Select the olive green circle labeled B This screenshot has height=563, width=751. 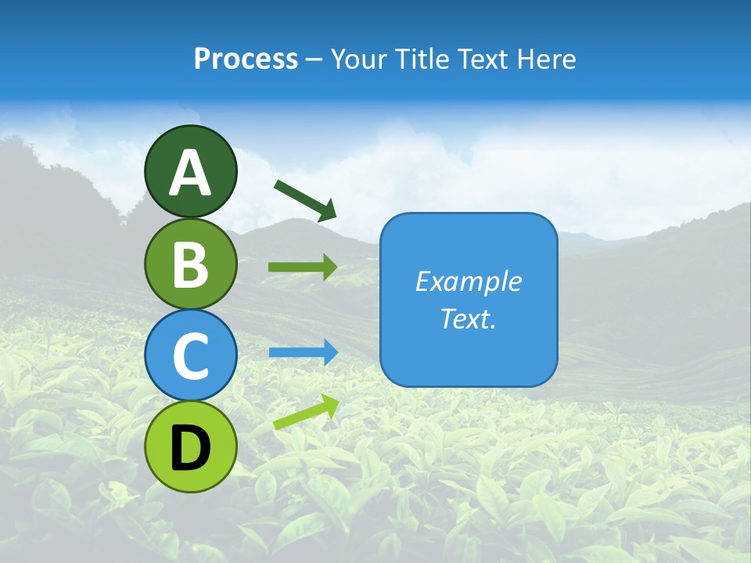[190, 264]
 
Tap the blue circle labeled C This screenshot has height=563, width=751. [190, 355]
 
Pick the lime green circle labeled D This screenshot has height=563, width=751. [190, 446]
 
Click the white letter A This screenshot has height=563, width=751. [190, 173]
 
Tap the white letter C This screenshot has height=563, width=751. [190, 357]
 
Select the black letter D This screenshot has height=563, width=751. [190, 448]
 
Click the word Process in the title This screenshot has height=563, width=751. [246, 59]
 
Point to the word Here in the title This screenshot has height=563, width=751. [548, 59]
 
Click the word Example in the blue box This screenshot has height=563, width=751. [468, 281]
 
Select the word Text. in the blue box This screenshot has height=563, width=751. [468, 318]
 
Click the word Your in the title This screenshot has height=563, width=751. [359, 59]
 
